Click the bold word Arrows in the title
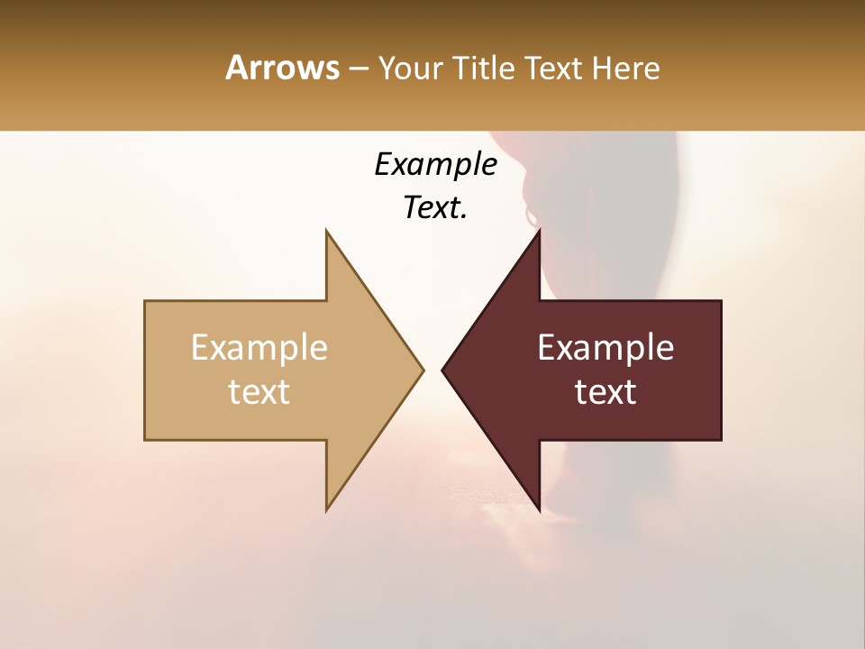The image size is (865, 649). [x=282, y=68]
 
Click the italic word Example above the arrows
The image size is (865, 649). [x=435, y=165]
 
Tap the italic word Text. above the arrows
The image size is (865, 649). [x=435, y=208]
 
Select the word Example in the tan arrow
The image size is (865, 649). [x=259, y=348]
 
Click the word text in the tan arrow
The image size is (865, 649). [x=259, y=392]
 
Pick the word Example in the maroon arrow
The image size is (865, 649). [x=605, y=348]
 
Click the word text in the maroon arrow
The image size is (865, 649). [x=605, y=392]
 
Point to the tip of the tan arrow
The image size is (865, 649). [x=423, y=370]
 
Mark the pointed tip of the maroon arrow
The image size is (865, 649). [x=442, y=370]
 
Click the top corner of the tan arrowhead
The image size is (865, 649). [x=326, y=230]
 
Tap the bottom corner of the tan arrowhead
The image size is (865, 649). [x=326, y=511]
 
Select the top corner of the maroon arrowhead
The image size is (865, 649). [x=540, y=230]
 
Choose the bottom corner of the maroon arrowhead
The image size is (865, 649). [x=540, y=511]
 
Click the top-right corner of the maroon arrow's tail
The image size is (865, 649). [x=721, y=301]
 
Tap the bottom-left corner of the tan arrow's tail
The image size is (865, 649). [x=145, y=440]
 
